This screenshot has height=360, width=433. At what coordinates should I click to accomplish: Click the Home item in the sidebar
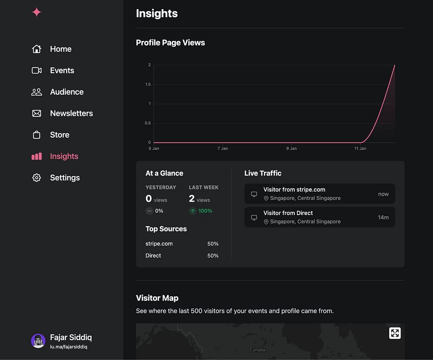click(60, 49)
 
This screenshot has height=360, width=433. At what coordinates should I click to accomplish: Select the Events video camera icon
click(37, 71)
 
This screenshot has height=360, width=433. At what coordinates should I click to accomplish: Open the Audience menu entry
click(67, 92)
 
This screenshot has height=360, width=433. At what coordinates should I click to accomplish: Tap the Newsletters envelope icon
click(37, 113)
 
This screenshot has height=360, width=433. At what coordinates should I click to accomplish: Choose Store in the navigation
click(59, 135)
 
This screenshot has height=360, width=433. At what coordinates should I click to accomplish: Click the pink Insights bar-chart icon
click(37, 156)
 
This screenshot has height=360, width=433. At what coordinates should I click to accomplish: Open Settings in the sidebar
click(65, 177)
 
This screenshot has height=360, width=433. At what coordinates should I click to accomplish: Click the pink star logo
click(37, 12)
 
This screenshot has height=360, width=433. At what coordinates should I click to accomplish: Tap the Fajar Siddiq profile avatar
click(38, 341)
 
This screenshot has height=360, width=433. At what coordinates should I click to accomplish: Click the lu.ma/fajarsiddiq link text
click(68, 347)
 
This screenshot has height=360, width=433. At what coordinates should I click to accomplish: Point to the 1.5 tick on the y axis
click(148, 84)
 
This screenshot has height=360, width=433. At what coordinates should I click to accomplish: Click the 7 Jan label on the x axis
click(222, 148)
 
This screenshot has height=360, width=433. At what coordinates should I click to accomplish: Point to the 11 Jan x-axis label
click(360, 148)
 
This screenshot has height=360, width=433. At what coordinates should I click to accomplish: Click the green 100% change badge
click(201, 211)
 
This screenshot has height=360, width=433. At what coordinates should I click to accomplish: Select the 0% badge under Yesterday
click(155, 211)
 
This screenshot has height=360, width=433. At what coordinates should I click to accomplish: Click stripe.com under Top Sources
click(159, 244)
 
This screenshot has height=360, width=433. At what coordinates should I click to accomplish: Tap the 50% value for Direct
click(213, 256)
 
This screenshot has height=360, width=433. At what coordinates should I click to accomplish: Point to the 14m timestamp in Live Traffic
click(383, 217)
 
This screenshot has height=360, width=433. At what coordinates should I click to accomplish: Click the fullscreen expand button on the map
click(394, 333)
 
